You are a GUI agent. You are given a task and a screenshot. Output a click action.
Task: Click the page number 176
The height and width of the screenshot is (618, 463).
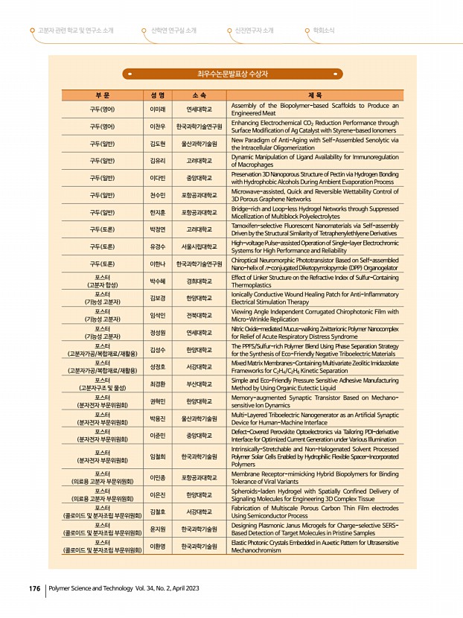[33, 588]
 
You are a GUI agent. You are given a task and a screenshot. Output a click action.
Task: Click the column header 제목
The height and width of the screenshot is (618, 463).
[315, 95]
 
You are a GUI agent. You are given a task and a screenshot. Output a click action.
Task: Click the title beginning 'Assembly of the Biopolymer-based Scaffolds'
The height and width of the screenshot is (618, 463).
[315, 109]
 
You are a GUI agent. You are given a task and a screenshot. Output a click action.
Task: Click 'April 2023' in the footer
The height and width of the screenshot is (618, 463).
[182, 588]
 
